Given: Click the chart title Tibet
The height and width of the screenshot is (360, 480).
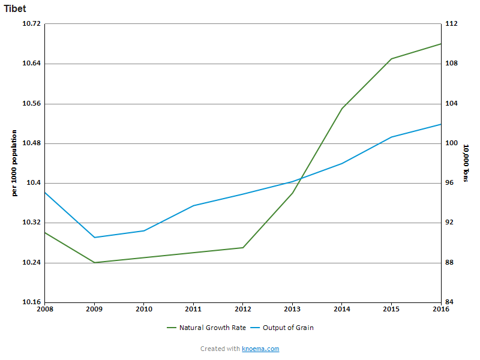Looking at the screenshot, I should (15, 9).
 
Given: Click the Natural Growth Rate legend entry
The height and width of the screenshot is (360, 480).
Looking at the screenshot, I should (212, 328).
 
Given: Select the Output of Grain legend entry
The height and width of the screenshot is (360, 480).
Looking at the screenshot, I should (288, 328).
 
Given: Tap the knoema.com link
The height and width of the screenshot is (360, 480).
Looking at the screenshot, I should (260, 349).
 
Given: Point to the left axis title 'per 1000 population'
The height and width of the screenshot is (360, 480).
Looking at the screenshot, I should (14, 163).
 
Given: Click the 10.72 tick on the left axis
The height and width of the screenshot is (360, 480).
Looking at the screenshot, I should (31, 24).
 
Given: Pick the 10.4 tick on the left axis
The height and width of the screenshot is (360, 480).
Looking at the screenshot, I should (34, 183).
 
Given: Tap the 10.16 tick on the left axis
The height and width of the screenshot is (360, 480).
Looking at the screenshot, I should (31, 302).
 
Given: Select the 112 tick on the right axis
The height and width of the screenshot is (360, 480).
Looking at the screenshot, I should (452, 24).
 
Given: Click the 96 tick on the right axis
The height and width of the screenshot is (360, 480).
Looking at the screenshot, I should (450, 183).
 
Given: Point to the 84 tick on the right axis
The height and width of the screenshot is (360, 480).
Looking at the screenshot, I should (450, 302).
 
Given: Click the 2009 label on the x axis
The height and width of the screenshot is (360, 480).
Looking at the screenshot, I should (94, 309).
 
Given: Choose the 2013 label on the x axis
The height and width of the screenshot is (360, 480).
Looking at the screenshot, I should (292, 309).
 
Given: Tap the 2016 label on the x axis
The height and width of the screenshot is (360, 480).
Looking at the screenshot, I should (441, 309).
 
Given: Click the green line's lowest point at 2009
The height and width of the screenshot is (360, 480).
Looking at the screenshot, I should (94, 263).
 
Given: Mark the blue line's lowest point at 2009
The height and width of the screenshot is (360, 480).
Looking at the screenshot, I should (94, 238).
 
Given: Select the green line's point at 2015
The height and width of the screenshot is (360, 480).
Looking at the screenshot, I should (391, 59).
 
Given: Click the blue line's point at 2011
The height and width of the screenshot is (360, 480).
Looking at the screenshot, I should (193, 206).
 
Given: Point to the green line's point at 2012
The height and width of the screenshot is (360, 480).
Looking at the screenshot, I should (243, 248).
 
